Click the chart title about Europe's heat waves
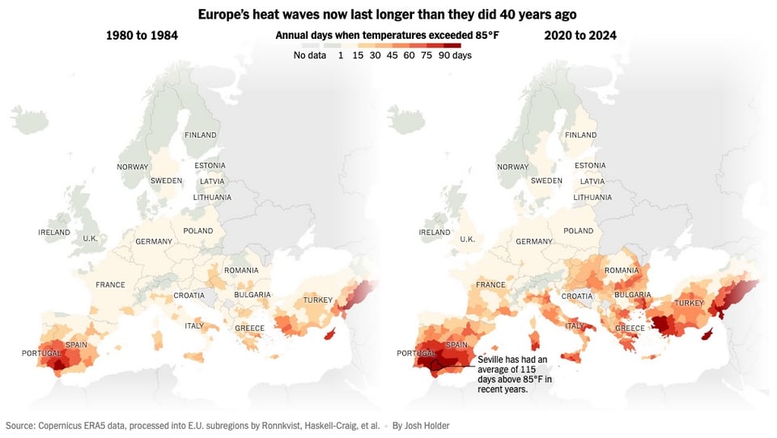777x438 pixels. point(388,15)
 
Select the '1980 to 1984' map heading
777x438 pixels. point(142,36)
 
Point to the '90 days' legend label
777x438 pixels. point(455,55)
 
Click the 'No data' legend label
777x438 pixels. point(310,55)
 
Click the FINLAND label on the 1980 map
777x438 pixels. point(201,134)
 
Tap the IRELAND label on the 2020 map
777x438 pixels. point(435,232)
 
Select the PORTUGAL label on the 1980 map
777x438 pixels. point(42,353)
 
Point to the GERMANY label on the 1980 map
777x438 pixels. point(154,241)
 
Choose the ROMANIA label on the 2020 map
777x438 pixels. point(622,270)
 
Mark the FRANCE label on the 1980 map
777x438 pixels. point(110,285)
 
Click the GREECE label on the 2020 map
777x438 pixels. point(630,328)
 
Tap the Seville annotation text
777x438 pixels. point(515,373)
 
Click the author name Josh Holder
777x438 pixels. point(422,425)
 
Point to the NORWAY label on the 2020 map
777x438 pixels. point(512,167)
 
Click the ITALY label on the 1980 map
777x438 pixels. point(194,325)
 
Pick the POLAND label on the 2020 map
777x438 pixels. point(579,231)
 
